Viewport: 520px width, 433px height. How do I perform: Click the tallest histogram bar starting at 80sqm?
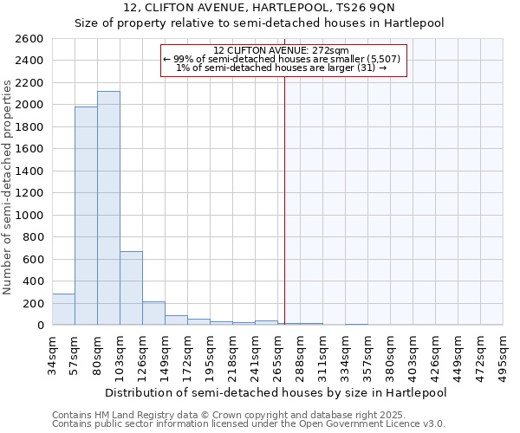[x=108, y=208]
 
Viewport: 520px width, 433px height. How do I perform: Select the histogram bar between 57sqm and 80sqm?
[x=86, y=216]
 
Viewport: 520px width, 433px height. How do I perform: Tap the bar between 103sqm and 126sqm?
[x=131, y=288]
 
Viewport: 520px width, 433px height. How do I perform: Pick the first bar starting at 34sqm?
[x=63, y=309]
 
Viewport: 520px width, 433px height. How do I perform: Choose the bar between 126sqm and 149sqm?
[x=153, y=313]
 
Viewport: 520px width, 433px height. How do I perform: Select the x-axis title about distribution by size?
[x=277, y=392]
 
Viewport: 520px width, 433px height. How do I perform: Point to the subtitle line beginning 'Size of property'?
[x=259, y=23]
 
